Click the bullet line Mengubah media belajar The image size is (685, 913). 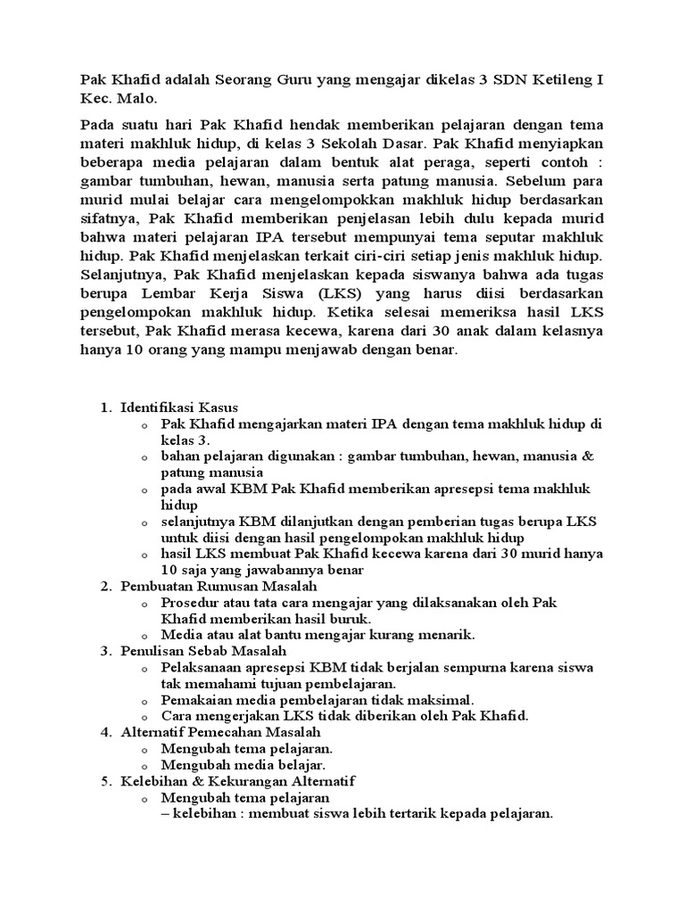243,765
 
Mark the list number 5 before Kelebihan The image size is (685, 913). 103,781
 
